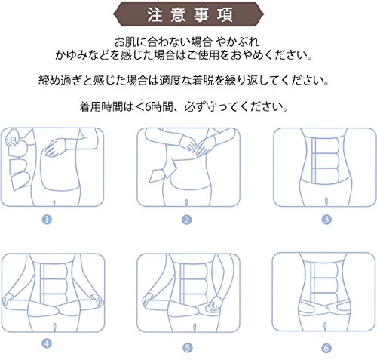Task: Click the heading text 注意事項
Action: tap(190, 15)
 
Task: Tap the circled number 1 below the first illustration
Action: tap(47, 220)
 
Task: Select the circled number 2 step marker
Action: tap(187, 220)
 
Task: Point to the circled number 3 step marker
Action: tap(326, 220)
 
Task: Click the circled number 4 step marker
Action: tap(47, 343)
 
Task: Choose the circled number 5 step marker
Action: tap(188, 348)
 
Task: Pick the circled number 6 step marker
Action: tap(326, 348)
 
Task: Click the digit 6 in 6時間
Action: tap(148, 107)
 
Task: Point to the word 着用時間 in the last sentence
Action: tap(101, 107)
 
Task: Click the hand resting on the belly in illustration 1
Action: tap(57, 148)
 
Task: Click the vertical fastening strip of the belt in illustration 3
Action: tap(314, 161)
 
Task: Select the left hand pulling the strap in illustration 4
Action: tap(8, 300)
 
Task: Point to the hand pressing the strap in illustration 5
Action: tap(213, 304)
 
